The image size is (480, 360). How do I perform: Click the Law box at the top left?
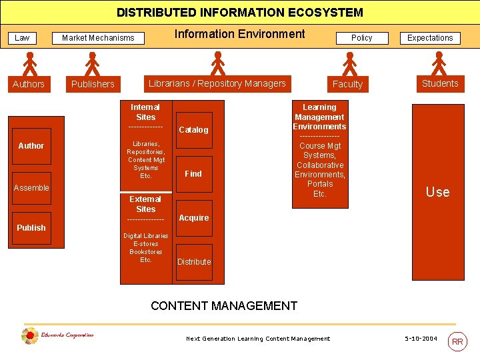(x=22, y=38)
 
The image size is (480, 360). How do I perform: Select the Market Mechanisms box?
(x=98, y=38)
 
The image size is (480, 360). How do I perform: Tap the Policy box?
(x=361, y=38)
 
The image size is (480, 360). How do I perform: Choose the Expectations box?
(x=430, y=38)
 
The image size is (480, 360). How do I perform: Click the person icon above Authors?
(x=29, y=64)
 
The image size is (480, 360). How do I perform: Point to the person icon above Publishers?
(x=92, y=64)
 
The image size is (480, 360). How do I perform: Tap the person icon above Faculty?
(x=349, y=64)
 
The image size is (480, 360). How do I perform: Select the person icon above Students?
(x=439, y=64)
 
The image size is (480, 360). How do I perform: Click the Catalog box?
(x=193, y=129)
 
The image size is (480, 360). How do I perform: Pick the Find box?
(x=193, y=173)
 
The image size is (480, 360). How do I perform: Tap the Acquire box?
(x=194, y=218)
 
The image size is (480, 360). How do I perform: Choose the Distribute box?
(x=194, y=261)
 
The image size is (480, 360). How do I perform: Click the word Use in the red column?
(x=437, y=192)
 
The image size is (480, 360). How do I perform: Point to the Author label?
(x=31, y=145)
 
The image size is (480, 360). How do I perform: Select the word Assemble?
(x=31, y=188)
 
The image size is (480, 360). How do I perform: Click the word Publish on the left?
(x=31, y=227)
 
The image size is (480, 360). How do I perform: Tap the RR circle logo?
(x=457, y=341)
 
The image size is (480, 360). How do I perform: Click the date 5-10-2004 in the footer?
(x=421, y=339)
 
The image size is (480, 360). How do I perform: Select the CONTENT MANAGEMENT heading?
(x=224, y=306)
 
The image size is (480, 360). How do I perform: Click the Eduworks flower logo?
(x=29, y=336)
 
